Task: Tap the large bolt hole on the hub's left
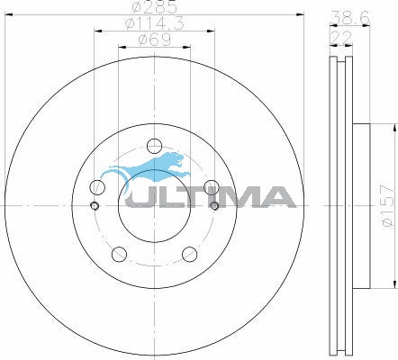coord(97,187)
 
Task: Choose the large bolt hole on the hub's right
coord(211,187)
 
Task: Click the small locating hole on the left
coord(95,205)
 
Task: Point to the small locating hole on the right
coord(213,205)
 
